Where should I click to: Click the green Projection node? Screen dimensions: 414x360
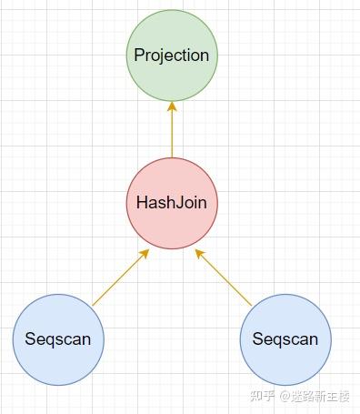(172, 56)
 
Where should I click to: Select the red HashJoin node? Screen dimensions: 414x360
(172, 203)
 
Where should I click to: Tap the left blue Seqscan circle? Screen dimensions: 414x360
(58, 339)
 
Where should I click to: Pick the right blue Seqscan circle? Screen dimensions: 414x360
(285, 339)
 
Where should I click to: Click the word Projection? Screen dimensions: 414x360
(172, 56)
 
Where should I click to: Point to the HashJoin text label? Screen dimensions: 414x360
(172, 203)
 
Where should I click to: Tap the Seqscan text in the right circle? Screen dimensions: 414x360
(285, 340)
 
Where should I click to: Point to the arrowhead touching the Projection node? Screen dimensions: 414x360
(172, 106)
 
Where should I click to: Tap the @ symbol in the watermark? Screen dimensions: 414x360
(284, 396)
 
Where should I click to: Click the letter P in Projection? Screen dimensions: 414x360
(139, 56)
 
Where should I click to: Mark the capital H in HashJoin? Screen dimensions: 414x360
(142, 203)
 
